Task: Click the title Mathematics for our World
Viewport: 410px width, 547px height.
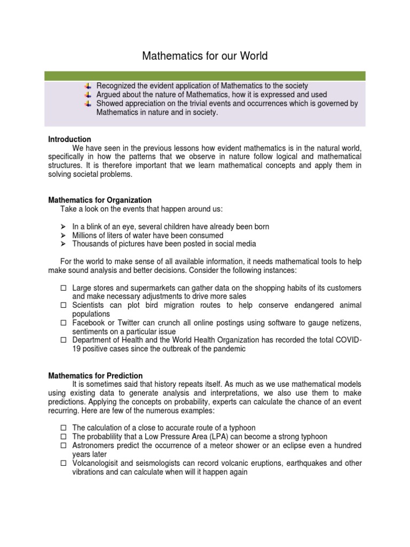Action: tap(204, 56)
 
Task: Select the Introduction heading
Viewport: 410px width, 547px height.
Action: tap(70, 139)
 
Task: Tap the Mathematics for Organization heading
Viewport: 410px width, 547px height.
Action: tap(100, 200)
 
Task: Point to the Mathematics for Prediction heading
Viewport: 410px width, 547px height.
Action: tap(96, 376)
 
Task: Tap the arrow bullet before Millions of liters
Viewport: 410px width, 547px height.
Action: tap(62, 236)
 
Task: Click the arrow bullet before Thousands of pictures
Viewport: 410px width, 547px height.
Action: tap(62, 244)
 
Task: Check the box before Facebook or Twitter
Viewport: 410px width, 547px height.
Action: tap(63, 323)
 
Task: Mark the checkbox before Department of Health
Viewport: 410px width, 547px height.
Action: tap(63, 340)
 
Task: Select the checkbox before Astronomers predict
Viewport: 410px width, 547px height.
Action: tap(63, 446)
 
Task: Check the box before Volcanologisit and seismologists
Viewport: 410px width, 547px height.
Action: tap(63, 463)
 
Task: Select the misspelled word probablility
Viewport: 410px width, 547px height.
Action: tap(108, 437)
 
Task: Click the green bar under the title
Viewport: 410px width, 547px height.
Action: tap(204, 76)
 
